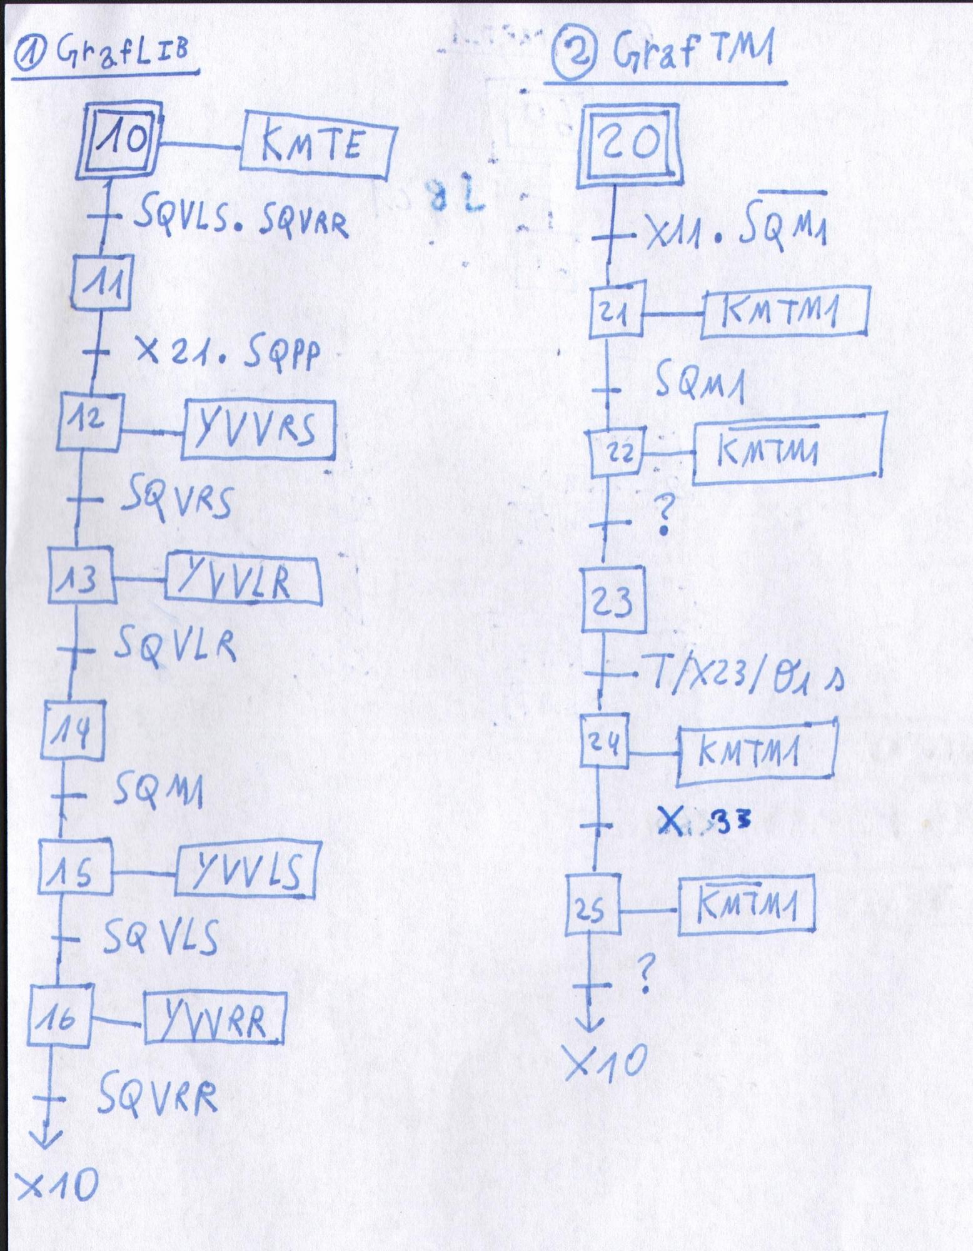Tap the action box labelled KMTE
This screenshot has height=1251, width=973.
(319, 146)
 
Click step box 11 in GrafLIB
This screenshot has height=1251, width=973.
(101, 283)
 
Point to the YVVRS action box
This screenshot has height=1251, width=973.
(258, 431)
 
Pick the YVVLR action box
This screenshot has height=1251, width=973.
(244, 579)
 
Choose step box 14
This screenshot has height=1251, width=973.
(73, 729)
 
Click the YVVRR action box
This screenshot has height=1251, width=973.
(214, 1018)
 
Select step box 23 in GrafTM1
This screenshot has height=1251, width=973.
(613, 599)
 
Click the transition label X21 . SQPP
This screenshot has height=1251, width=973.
(228, 354)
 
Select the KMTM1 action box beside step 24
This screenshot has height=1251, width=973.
(757, 752)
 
